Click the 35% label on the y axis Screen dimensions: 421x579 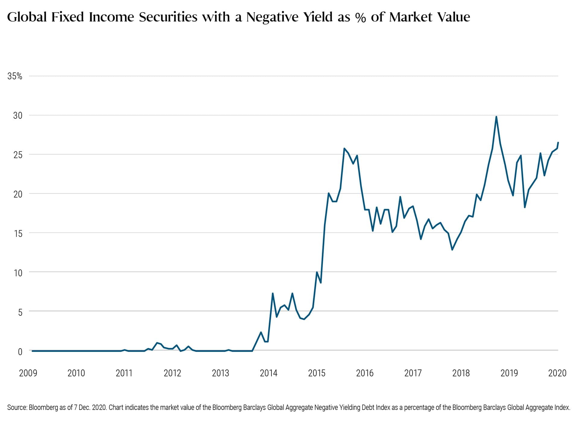(15, 76)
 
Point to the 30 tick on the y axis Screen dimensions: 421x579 (17, 115)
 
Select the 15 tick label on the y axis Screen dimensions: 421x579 (18, 233)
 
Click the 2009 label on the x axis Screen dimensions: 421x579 (28, 373)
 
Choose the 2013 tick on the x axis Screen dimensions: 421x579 (220, 373)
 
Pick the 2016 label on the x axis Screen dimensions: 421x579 (365, 373)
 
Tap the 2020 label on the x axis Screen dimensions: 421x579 (557, 373)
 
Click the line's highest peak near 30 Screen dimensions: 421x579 (496, 117)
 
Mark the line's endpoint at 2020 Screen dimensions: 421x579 (558, 142)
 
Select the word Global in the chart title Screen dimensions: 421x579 (27, 17)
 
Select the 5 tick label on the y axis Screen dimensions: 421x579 (20, 312)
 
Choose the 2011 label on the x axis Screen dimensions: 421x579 (124, 373)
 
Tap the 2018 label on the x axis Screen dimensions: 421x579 (461, 373)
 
